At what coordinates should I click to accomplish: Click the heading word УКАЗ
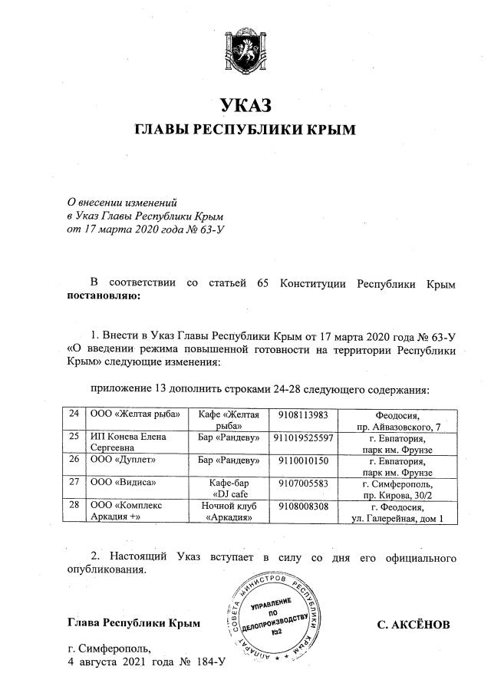[245, 105]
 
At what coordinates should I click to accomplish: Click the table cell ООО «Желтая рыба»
[135, 414]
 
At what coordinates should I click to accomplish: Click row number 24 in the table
[74, 414]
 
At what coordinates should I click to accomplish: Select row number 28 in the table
[74, 507]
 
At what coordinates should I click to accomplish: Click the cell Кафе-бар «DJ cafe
[226, 489]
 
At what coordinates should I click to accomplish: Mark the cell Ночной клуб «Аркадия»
[226, 512]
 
